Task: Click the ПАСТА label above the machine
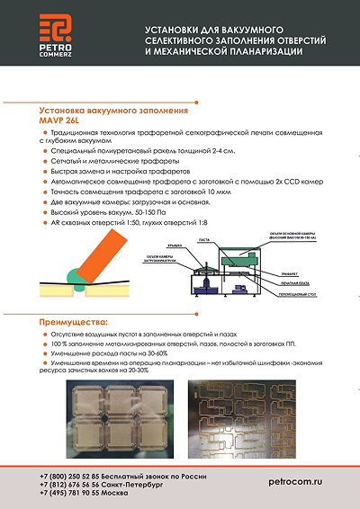click(216, 240)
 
